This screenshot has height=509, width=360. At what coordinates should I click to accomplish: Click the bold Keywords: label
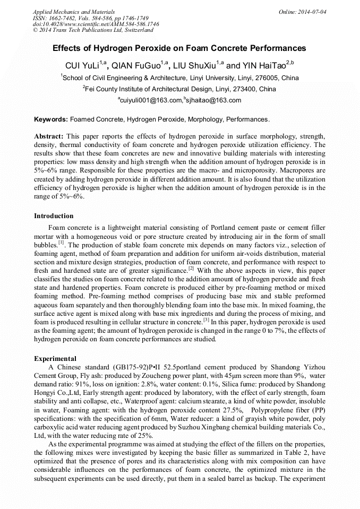(51, 119)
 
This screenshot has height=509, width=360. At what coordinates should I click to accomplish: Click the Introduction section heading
(54, 216)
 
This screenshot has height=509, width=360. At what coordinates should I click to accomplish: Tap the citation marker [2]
(192, 268)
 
